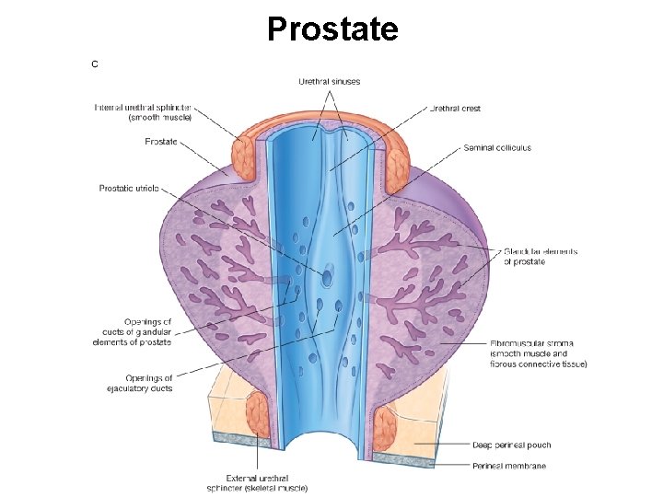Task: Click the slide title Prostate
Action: (x=332, y=29)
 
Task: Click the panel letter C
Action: (x=94, y=64)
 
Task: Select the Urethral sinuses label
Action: (x=329, y=82)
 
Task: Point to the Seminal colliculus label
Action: (x=497, y=147)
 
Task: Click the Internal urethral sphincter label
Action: (x=143, y=112)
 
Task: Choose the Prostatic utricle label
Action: (x=129, y=189)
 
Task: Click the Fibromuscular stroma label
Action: (x=539, y=353)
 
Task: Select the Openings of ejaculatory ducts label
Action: (x=139, y=383)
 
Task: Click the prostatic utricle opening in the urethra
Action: (x=328, y=274)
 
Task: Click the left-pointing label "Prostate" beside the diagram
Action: (x=161, y=142)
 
